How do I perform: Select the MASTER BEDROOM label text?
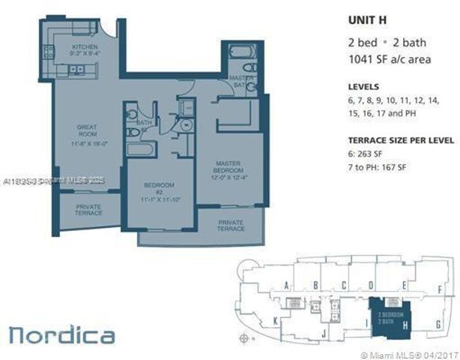click(228, 169)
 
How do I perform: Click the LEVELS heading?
click(363, 87)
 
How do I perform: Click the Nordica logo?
click(62, 334)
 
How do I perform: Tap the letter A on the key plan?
click(287, 285)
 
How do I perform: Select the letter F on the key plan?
click(441, 286)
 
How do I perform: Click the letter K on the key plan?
click(276, 320)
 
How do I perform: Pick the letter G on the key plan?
click(437, 324)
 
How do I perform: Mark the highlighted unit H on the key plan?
click(391, 318)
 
